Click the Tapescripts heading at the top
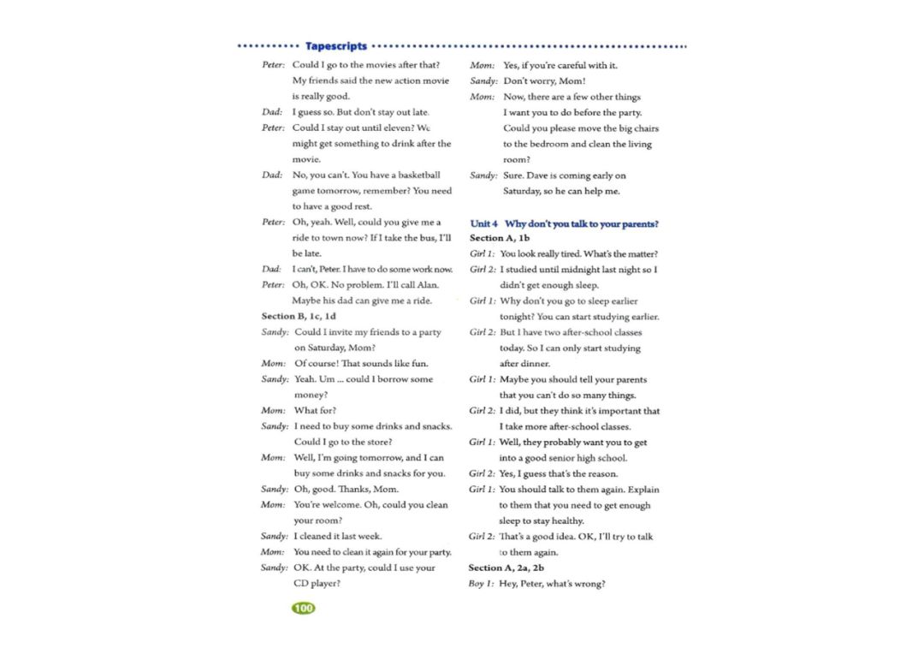click(336, 46)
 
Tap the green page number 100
click(303, 608)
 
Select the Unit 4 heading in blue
click(565, 223)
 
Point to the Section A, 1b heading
click(500, 238)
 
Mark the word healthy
click(567, 520)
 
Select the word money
click(311, 395)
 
